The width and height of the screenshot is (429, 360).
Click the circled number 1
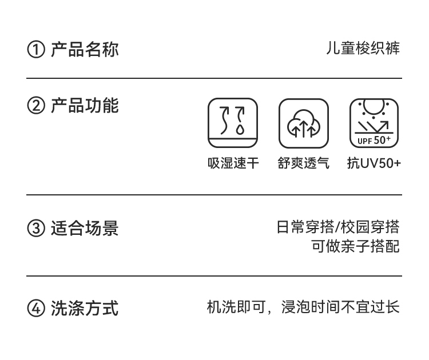click(35, 50)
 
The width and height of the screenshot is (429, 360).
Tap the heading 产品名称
click(85, 49)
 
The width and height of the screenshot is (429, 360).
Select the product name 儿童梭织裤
click(363, 49)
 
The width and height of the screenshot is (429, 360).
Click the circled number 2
click(35, 106)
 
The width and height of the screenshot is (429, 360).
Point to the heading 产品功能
click(85, 106)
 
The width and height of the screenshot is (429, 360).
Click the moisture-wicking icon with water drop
click(233, 123)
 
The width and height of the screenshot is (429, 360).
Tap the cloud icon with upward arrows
click(304, 123)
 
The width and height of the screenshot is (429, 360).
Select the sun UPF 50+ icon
click(375, 122)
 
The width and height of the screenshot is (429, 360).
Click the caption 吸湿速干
click(233, 163)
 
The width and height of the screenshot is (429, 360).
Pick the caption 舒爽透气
click(304, 163)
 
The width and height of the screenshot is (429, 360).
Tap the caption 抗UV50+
click(374, 163)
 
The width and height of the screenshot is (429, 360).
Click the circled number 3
click(35, 229)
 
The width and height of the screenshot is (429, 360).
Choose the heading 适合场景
click(85, 229)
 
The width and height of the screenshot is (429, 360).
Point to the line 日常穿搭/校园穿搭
click(338, 227)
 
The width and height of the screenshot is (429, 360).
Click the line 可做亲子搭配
click(355, 246)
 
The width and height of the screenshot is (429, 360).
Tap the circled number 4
click(35, 309)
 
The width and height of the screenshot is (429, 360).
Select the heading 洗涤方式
click(85, 309)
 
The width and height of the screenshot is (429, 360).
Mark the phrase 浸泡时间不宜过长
click(340, 307)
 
